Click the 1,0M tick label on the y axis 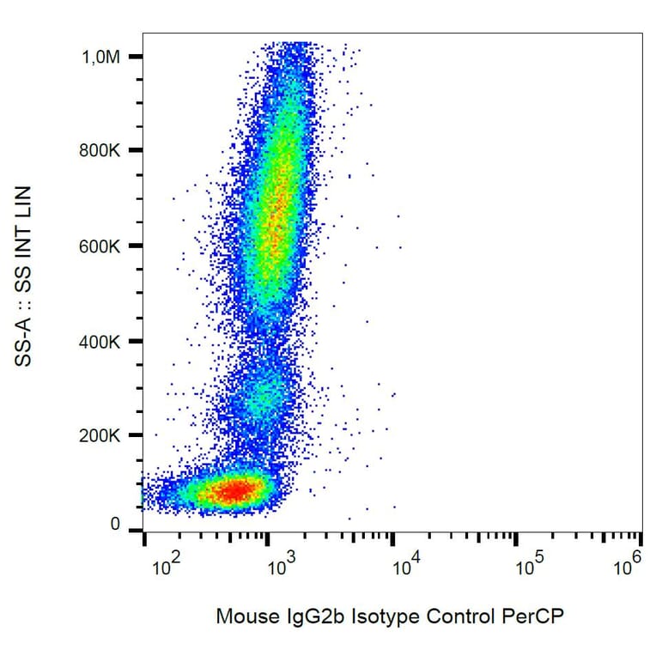pos(100,57)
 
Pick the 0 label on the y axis pos(115,525)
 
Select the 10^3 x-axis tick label pos(281,565)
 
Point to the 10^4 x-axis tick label pos(404,565)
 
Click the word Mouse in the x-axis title pos(242,617)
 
